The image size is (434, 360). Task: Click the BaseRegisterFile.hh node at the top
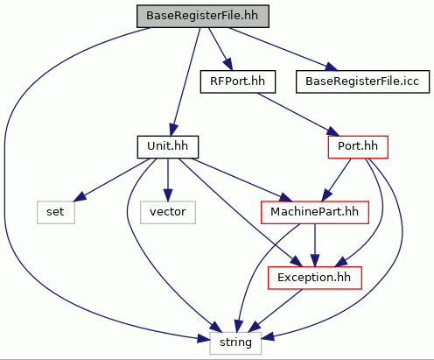(x=203, y=16)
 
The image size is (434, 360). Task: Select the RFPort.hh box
(x=238, y=81)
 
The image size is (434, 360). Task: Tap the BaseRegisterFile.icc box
(x=362, y=81)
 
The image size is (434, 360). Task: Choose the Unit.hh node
(x=168, y=147)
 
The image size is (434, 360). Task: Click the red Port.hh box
(x=358, y=147)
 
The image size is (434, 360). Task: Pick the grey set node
(x=56, y=212)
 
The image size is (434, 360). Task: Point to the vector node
(x=168, y=212)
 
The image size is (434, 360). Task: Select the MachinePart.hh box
(x=315, y=212)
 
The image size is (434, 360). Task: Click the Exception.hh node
(x=315, y=278)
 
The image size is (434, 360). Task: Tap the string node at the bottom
(x=235, y=343)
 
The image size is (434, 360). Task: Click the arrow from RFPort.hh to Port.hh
(x=298, y=115)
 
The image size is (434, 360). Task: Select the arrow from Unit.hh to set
(x=111, y=180)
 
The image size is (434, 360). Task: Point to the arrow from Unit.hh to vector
(x=168, y=180)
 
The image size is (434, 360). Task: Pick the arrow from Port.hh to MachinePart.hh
(x=336, y=180)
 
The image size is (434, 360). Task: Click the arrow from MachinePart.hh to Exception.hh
(x=315, y=245)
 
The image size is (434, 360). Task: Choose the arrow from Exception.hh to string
(x=276, y=310)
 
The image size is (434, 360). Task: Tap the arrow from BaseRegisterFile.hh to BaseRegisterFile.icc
(x=283, y=49)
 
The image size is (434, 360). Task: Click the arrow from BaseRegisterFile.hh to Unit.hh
(x=185, y=81)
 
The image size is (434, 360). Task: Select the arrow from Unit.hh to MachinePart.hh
(x=241, y=180)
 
